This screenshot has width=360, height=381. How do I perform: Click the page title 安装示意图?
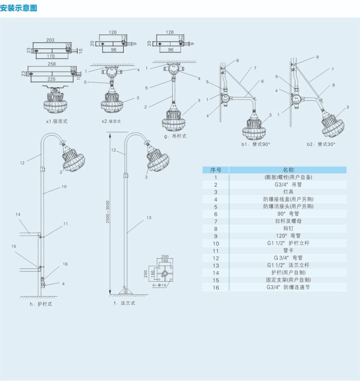coord(19,8)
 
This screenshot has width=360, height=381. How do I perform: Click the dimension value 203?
coord(50,40)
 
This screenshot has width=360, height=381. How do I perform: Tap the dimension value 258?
coord(51,64)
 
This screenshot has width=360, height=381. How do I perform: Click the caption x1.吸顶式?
coord(56,121)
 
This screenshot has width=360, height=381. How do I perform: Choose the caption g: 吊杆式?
coord(175,136)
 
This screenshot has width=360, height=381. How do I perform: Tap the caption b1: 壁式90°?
coord(255,144)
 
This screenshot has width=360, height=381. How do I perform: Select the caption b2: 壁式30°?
coord(320,144)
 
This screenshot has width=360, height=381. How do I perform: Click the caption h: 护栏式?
coord(40,303)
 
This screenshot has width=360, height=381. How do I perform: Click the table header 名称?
coord(288,170)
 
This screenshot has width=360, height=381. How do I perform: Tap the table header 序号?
coord(215,170)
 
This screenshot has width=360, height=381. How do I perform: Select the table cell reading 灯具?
coord(288,192)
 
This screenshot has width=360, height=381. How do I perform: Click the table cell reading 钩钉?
coord(288,229)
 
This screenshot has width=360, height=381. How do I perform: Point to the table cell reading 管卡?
coord(288,251)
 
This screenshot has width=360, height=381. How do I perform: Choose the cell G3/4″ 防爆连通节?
coord(288,287)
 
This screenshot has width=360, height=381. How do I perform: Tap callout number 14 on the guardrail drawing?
coord(17,214)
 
